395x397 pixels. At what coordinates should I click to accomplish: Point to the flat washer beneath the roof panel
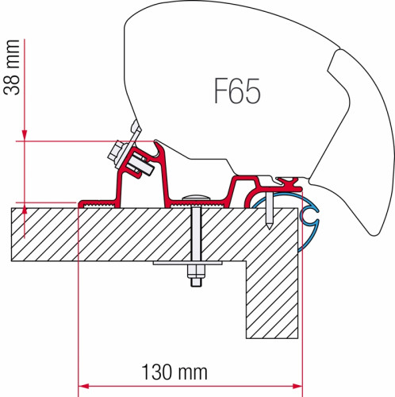[x=192, y=265]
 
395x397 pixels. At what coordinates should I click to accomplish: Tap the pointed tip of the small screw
[x=270, y=227]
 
